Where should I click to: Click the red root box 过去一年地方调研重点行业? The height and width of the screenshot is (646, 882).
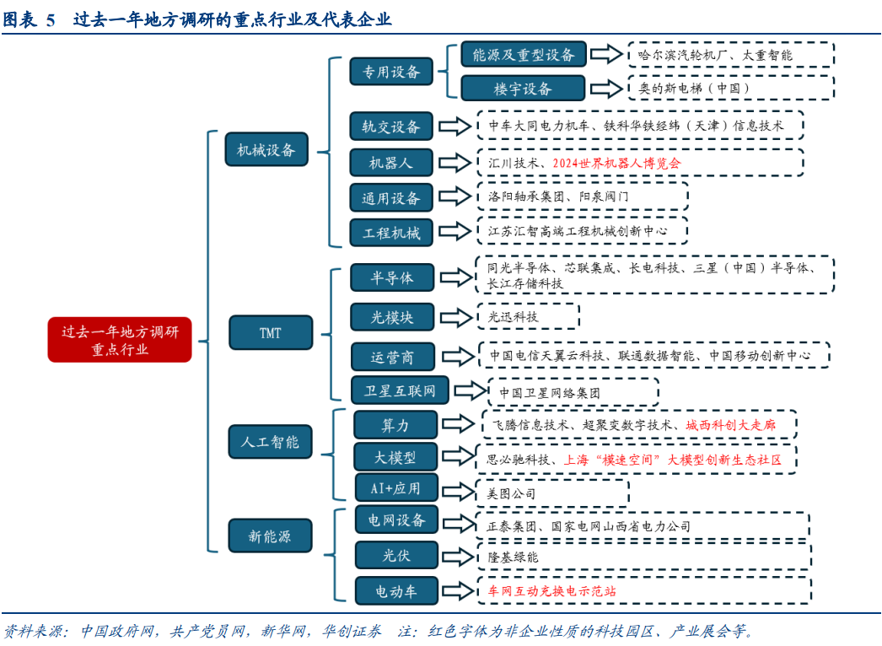119,340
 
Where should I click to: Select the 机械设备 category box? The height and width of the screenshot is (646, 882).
266,150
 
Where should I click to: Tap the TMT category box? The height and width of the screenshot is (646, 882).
270,332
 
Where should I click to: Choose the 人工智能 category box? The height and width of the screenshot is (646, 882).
270,441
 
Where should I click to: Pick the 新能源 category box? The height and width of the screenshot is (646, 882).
270,536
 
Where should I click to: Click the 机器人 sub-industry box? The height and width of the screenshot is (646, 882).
391,162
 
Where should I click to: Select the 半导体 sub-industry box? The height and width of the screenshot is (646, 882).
391,277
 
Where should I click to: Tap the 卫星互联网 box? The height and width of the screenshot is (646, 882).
400,390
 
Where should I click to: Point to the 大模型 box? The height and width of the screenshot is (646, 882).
395,458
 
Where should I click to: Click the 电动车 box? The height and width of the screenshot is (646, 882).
396,591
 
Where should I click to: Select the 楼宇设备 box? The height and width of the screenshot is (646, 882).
523,88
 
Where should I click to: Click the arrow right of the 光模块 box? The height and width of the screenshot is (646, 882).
456,317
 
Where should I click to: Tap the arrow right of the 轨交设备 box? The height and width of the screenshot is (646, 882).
456,127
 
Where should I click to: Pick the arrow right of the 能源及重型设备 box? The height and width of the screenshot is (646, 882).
605,55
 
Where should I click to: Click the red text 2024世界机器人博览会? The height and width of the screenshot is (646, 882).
616,163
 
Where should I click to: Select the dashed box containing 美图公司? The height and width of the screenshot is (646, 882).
551,493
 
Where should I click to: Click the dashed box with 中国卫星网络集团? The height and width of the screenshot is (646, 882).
573,392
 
